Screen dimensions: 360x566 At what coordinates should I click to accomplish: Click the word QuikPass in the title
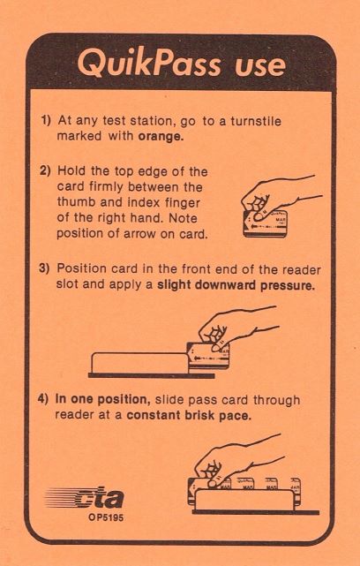[x=149, y=64]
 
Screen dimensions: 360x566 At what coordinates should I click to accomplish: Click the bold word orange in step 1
[x=161, y=137]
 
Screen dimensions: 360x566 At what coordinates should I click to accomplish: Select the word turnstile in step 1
[x=256, y=121]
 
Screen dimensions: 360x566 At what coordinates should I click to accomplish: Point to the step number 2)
[x=45, y=170]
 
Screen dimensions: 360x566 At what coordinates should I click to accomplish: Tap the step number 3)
[x=44, y=269]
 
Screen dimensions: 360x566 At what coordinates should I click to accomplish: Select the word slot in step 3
[x=67, y=285]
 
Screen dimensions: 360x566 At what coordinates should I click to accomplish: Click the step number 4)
[x=43, y=400]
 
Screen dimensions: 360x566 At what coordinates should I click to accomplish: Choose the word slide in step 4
[x=170, y=400]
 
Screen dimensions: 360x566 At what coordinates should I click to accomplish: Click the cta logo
[x=84, y=499]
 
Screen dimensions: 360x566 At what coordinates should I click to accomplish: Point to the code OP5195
[x=106, y=517]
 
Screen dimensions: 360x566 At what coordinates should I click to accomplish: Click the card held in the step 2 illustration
[x=266, y=223]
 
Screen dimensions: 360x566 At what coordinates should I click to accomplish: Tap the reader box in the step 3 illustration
[x=140, y=363]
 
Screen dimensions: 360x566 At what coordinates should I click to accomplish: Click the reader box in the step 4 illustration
[x=244, y=500]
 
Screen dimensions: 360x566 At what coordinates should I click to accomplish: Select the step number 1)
[x=46, y=121]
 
